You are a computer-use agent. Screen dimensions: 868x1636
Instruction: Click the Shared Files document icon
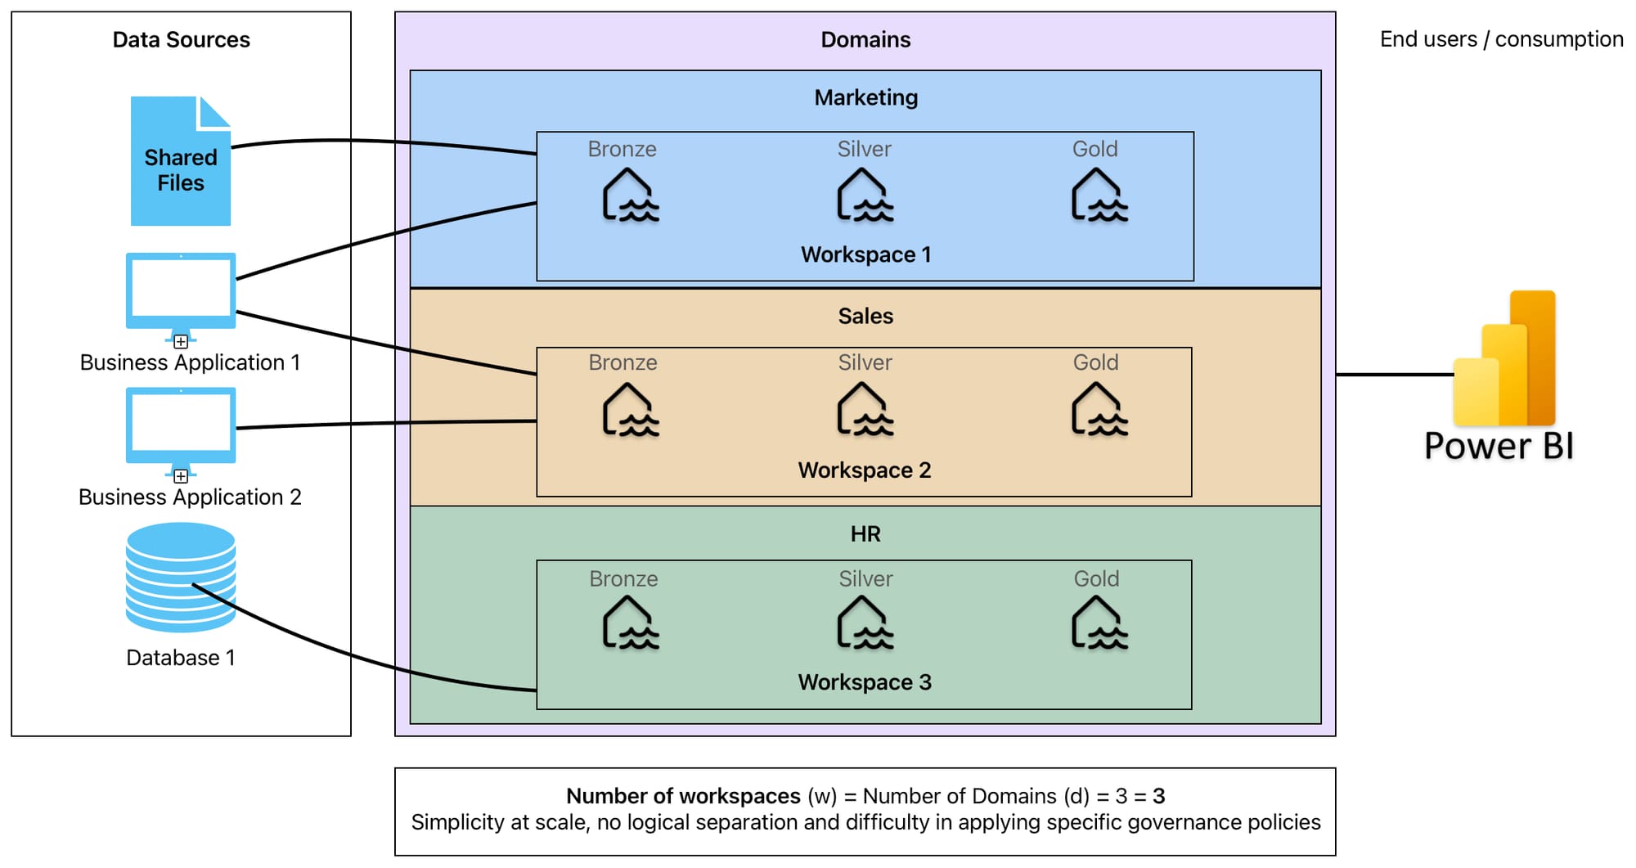click(x=180, y=162)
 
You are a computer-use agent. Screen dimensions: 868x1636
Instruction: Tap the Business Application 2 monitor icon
click(x=181, y=427)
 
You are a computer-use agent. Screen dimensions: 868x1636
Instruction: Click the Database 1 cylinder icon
click(x=181, y=578)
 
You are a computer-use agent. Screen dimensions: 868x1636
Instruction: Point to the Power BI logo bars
click(x=1505, y=360)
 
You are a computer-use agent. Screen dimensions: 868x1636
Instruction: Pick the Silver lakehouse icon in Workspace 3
click(x=865, y=623)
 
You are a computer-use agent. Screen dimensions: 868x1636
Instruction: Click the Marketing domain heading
click(x=865, y=97)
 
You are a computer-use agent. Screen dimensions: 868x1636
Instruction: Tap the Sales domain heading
click(x=865, y=316)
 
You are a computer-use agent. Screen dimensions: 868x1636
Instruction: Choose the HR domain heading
click(x=865, y=534)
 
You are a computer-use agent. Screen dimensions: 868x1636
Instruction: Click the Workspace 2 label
click(x=865, y=470)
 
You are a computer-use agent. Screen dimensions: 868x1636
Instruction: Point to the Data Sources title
click(x=181, y=39)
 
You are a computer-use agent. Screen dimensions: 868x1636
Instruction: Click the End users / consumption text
click(x=1501, y=39)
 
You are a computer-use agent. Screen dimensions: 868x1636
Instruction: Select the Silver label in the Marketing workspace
click(x=864, y=149)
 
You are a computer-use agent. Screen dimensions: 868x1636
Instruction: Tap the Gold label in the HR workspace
click(x=1096, y=579)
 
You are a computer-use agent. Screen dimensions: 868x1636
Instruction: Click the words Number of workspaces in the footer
click(x=683, y=796)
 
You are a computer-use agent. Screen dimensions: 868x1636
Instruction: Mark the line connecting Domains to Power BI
click(x=1395, y=375)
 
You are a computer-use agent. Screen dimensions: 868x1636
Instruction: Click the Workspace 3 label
click(x=865, y=682)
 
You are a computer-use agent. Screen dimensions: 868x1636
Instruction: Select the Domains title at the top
click(x=865, y=39)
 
